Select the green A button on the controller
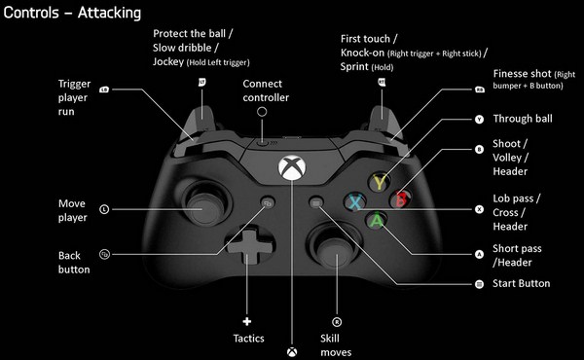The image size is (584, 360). [x=375, y=221]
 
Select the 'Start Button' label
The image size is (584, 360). [x=521, y=284]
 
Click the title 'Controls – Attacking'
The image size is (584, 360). [x=72, y=14]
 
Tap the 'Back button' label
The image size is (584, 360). [x=74, y=262]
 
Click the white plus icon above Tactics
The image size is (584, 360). [x=246, y=320]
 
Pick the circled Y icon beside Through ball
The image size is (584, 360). [x=479, y=121]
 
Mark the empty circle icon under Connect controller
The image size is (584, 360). [x=262, y=113]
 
